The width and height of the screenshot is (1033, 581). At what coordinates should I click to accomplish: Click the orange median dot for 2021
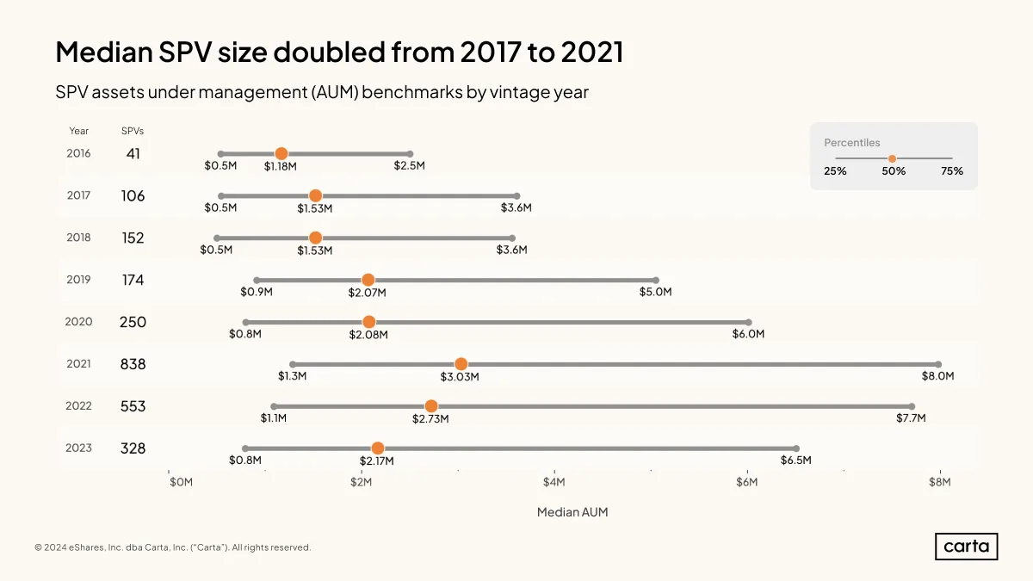click(x=461, y=364)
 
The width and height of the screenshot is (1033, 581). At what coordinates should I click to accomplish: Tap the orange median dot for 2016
click(x=281, y=153)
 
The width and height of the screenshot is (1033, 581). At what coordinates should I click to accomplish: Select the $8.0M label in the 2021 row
click(x=937, y=376)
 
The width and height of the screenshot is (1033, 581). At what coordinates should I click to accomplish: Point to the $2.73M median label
click(x=430, y=418)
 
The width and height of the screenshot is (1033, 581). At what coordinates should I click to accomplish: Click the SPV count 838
click(x=133, y=364)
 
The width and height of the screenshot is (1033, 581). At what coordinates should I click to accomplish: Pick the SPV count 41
click(x=133, y=153)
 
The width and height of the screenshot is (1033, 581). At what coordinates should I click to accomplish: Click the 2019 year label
click(x=78, y=280)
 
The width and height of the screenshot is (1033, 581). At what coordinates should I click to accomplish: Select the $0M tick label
click(x=182, y=482)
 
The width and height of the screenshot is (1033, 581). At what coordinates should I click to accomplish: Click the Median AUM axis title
click(x=572, y=512)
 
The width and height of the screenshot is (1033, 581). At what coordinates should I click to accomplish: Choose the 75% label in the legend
click(x=952, y=171)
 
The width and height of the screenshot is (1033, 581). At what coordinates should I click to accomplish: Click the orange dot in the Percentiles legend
click(x=893, y=158)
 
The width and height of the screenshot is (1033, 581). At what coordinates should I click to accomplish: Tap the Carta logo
click(x=966, y=547)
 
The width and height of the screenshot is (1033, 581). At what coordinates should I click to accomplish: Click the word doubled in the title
click(x=328, y=52)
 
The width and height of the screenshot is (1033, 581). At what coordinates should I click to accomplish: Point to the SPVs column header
click(x=133, y=131)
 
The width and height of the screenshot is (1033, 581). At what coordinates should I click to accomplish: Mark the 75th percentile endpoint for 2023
click(x=796, y=448)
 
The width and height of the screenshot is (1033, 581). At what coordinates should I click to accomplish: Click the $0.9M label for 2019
click(x=257, y=292)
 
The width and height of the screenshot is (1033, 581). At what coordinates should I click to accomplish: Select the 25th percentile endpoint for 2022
click(x=274, y=406)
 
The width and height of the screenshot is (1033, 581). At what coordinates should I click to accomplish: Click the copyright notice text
click(x=172, y=547)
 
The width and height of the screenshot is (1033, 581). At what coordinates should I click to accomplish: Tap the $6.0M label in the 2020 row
click(x=748, y=334)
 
